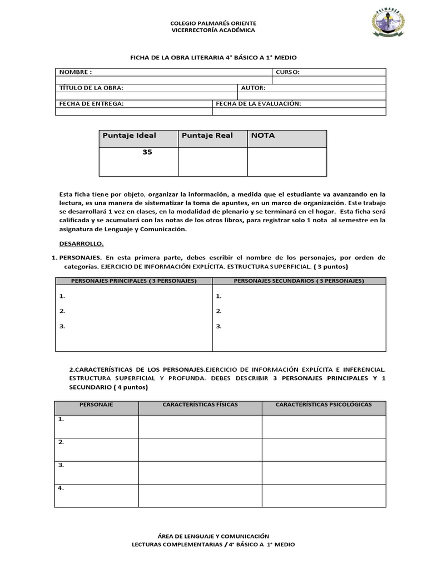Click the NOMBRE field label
click(76, 72)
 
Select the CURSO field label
click(287, 72)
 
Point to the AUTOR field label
click(254, 88)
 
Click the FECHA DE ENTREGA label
click(91, 103)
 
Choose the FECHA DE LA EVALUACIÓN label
click(259, 103)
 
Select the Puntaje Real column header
click(207, 136)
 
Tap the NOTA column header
click(263, 136)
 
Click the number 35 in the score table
click(147, 152)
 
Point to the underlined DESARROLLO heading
click(81, 243)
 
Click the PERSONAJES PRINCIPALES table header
click(134, 281)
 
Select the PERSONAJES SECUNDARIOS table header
click(299, 281)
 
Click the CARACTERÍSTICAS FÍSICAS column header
click(200, 405)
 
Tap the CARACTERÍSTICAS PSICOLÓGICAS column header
click(324, 405)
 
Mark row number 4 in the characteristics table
click(61, 488)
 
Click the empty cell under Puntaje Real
click(212, 161)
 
